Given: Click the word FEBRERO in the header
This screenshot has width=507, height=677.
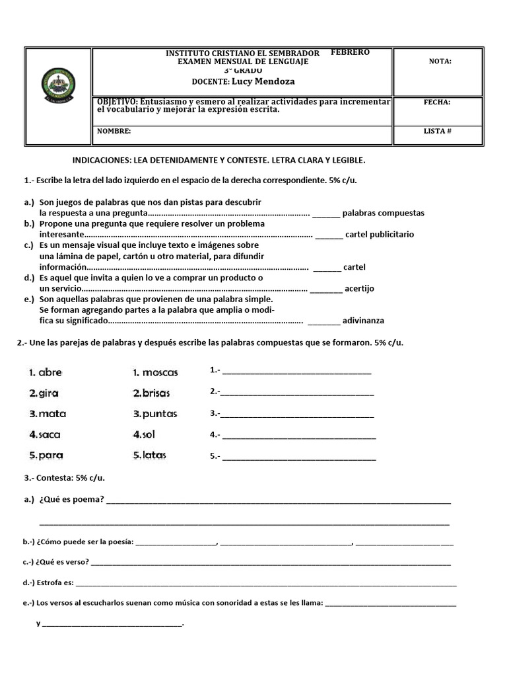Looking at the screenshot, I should pyautogui.click(x=350, y=52).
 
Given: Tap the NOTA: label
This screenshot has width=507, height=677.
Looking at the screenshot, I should pyautogui.click(x=440, y=61).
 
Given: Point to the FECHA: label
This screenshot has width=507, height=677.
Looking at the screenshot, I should pyautogui.click(x=437, y=102).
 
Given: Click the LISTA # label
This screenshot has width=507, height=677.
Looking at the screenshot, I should pyautogui.click(x=437, y=131).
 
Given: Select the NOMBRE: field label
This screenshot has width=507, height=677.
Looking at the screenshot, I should pyautogui.click(x=114, y=131).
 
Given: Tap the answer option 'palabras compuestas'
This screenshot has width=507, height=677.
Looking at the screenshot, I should pyautogui.click(x=384, y=213).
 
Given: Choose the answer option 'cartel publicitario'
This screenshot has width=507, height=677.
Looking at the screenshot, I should pyautogui.click(x=379, y=234).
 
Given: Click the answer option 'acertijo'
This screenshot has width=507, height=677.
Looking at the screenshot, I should pyautogui.click(x=359, y=288).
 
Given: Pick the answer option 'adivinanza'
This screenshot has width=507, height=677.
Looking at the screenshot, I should pyautogui.click(x=363, y=321).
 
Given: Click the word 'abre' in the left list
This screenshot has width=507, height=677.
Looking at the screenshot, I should pyautogui.click(x=50, y=372).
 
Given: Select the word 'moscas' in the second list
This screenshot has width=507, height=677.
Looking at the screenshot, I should pyautogui.click(x=160, y=372).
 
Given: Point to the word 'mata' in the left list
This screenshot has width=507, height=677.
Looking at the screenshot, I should pyautogui.click(x=52, y=414).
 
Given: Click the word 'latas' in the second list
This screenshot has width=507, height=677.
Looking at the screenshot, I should pyautogui.click(x=154, y=455).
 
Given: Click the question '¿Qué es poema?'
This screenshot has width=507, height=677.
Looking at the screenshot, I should pyautogui.click(x=71, y=499).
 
